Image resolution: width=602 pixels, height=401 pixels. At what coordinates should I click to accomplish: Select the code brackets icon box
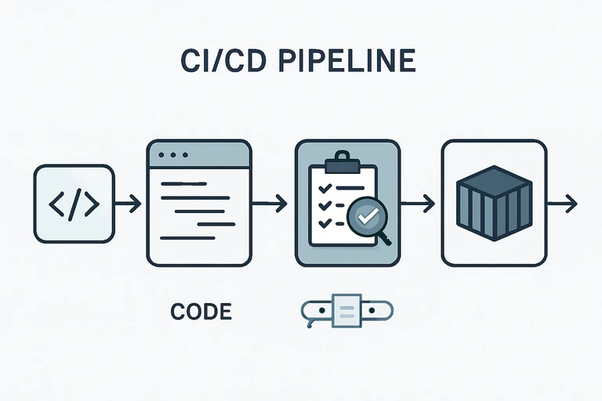pyautogui.click(x=74, y=204)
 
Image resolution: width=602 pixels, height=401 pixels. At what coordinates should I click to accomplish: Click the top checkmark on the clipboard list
pyautogui.click(x=322, y=187)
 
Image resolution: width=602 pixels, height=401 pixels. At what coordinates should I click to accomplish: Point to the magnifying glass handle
pyautogui.click(x=383, y=237)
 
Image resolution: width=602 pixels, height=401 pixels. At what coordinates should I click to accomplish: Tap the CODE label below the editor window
pyautogui.click(x=201, y=312)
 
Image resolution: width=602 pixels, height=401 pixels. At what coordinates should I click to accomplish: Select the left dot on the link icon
pyautogui.click(x=321, y=311)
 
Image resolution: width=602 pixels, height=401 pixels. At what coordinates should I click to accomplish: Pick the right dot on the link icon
pyautogui.click(x=371, y=311)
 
